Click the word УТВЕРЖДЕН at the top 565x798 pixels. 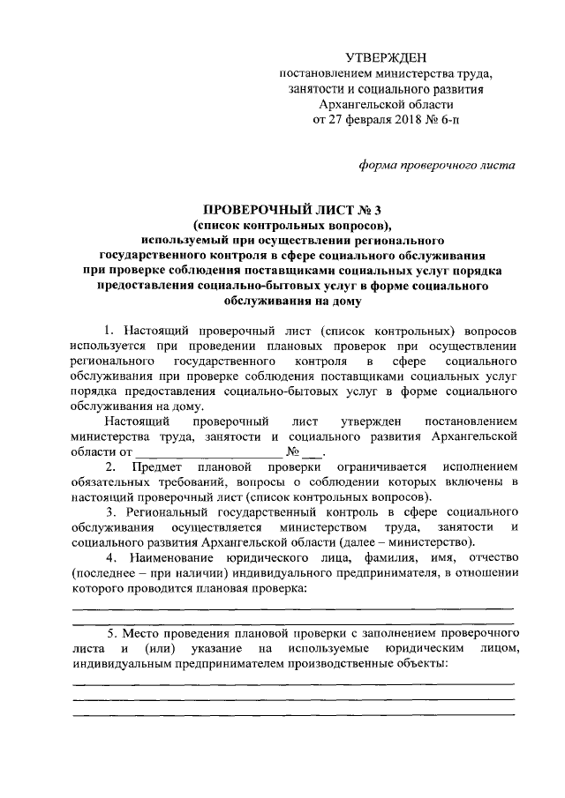pyautogui.click(x=381, y=57)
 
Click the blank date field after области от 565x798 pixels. pyautogui.click(x=189, y=451)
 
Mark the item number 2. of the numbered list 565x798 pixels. pyautogui.click(x=112, y=466)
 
